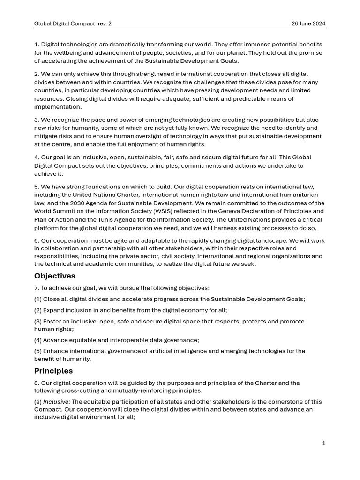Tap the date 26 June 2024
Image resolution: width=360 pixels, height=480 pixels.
click(x=308, y=23)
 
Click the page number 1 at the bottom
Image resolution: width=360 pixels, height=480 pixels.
click(x=323, y=443)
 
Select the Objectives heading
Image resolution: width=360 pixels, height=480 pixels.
click(x=54, y=276)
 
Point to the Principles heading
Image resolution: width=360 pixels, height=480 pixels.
click(x=53, y=371)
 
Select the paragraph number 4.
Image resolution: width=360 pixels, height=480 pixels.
click(x=37, y=157)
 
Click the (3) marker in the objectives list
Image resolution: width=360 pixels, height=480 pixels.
click(x=38, y=322)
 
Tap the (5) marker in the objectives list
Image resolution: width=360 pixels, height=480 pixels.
click(x=38, y=351)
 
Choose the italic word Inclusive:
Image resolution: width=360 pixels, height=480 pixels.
click(x=56, y=402)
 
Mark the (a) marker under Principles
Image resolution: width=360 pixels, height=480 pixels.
click(x=38, y=402)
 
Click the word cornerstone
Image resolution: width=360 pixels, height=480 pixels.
click(x=281, y=402)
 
